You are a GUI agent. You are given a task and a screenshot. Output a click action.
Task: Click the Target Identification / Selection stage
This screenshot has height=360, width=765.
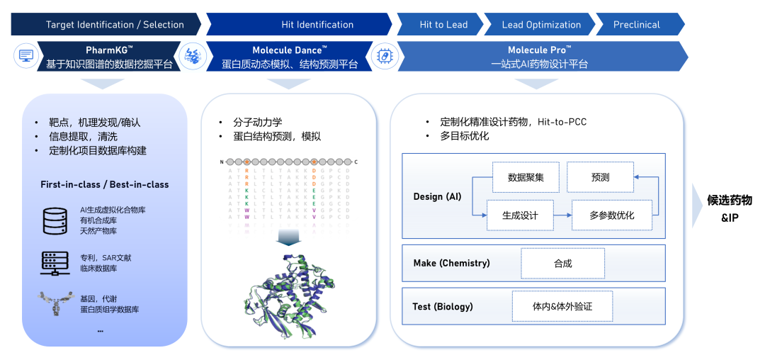coord(105,25)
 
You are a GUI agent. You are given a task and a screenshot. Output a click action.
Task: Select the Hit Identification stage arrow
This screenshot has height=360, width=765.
coord(317,25)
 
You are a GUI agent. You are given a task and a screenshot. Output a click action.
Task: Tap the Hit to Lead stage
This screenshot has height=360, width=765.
coord(443,25)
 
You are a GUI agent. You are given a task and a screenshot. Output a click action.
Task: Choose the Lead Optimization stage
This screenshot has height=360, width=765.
coord(541,25)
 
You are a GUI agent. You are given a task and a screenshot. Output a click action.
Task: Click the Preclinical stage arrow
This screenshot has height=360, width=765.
coord(637,25)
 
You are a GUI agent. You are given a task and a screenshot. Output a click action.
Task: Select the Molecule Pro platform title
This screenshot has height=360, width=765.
coord(540,50)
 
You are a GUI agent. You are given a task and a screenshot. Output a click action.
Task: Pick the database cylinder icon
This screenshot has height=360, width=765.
coord(55,220)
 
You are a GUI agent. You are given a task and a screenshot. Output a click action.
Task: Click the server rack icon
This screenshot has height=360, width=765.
coord(55,263)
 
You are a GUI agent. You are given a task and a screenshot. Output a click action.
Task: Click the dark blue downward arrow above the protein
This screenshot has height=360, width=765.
coord(288,239)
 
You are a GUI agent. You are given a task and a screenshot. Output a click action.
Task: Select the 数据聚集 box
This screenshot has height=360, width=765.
coord(526,177)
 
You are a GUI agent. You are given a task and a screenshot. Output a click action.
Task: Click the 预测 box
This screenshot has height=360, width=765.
coord(600,177)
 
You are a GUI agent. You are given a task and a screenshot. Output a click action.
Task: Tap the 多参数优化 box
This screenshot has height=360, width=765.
coord(611,215)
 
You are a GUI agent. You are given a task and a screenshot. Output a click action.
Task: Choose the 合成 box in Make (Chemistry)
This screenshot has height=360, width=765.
coord(562,263)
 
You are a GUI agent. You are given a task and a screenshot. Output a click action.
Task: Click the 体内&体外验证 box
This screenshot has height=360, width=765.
coord(562,307)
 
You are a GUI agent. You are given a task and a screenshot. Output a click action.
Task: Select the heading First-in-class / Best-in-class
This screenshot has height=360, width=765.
coord(105,184)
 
